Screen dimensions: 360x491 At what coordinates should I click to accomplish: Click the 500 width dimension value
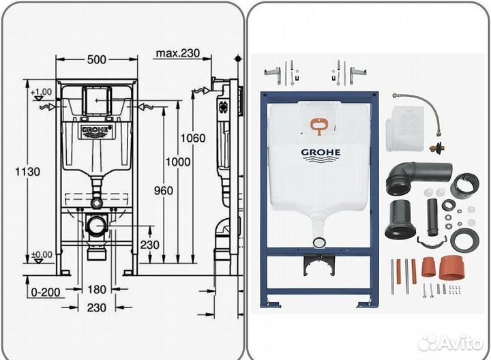(x=97, y=59)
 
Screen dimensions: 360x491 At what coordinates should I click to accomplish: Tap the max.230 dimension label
(x=179, y=52)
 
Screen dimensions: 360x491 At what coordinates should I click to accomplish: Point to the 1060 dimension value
(x=192, y=138)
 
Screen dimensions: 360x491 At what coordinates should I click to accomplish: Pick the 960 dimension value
(x=163, y=191)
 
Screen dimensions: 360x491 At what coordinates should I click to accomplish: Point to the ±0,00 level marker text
(x=42, y=256)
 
